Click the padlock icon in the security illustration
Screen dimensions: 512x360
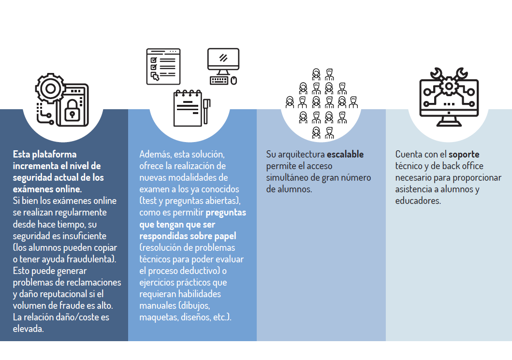(x=73, y=111)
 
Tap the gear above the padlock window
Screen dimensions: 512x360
(x=50, y=88)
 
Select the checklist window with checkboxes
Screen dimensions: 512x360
(x=163, y=67)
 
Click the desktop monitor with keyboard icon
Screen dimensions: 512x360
(x=223, y=66)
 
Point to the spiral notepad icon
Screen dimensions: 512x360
(x=188, y=108)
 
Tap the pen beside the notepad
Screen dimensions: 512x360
(x=206, y=111)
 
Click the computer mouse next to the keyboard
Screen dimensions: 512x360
(x=234, y=81)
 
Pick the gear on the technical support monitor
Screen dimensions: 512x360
(x=449, y=86)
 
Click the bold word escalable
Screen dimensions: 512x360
(x=345, y=154)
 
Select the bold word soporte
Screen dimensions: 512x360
(x=464, y=154)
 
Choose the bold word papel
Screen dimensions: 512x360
(x=225, y=236)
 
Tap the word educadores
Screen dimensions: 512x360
(x=418, y=201)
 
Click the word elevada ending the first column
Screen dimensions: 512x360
(x=28, y=329)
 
